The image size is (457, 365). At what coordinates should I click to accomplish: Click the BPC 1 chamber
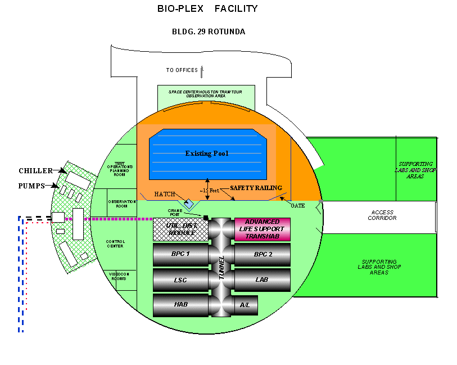tap(180, 254)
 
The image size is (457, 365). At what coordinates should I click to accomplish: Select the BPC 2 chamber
tap(262, 254)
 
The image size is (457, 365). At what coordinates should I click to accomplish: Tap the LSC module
tap(180, 280)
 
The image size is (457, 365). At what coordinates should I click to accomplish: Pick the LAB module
tap(262, 280)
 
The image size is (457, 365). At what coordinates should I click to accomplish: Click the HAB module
tap(180, 305)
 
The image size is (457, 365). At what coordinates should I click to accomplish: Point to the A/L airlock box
tap(245, 305)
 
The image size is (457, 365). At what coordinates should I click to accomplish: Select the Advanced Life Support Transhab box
tap(262, 229)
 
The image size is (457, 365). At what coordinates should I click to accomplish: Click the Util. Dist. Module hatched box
tap(180, 229)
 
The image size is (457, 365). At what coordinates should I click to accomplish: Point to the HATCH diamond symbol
tap(189, 202)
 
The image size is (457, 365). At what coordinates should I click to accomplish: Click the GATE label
tap(297, 206)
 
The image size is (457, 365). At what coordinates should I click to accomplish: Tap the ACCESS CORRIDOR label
tap(383, 215)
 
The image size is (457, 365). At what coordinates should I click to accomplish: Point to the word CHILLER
tap(35, 170)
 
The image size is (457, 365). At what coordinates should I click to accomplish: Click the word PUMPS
tap(32, 186)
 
